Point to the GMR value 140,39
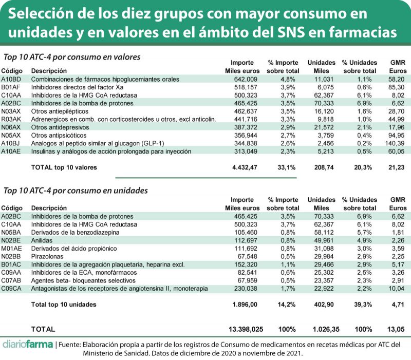point(393,144)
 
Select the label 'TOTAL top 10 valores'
point(64,167)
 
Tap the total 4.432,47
point(241,167)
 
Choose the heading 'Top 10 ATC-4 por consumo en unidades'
point(76,191)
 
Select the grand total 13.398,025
point(249,329)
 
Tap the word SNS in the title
point(300,32)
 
